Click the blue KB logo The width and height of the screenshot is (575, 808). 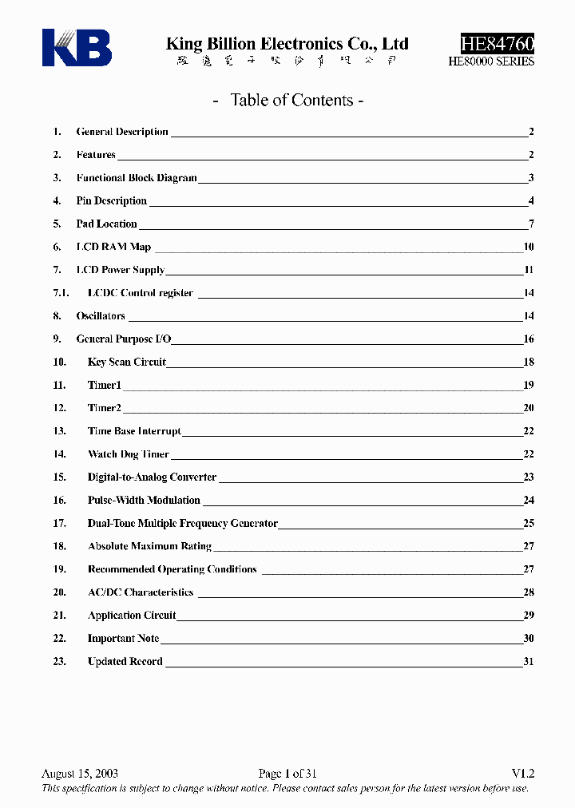tap(77, 47)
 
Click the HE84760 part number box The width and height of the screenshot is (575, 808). tap(497, 44)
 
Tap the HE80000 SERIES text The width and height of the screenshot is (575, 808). tap(491, 61)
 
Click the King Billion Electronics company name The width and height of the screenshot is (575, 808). tap(287, 44)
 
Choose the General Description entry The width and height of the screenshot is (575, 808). tap(122, 132)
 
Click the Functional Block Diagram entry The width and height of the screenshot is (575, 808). tap(137, 178)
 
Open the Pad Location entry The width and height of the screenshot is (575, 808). tap(107, 224)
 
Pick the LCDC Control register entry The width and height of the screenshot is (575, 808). tap(141, 293)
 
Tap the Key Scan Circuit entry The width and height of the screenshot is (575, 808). tap(127, 362)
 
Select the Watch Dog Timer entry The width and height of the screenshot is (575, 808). tap(129, 454)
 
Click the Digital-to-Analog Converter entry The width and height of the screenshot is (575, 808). tap(152, 477)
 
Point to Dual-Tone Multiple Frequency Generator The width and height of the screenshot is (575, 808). tap(183, 524)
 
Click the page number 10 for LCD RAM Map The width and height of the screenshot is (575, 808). tap(529, 248)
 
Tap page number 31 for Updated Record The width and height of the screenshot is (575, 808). tap(529, 662)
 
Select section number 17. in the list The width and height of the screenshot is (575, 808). tap(59, 524)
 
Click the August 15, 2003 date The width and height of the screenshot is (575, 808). tap(80, 774)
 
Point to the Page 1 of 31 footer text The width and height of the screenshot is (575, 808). tap(288, 774)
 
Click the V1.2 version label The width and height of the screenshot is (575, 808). tap(522, 774)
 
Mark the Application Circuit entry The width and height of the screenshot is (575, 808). tap(132, 616)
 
